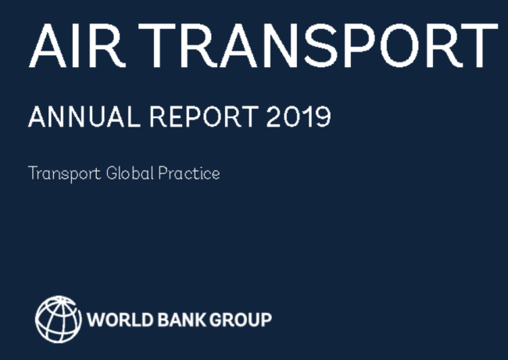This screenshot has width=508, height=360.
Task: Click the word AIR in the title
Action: [x=77, y=45]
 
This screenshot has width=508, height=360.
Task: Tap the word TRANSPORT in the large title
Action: [x=318, y=45]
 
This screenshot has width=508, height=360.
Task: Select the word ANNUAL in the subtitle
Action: [x=84, y=116]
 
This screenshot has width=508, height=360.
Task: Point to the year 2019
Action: [x=299, y=116]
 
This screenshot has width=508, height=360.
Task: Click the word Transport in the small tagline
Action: [x=65, y=174]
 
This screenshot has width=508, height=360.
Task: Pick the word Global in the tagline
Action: [x=130, y=173]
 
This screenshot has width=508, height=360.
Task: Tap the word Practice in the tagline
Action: [x=189, y=173]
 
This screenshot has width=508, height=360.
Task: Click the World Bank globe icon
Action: [x=59, y=319]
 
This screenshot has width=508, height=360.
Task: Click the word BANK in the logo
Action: [x=182, y=319]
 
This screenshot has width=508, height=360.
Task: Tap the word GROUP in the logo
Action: [x=241, y=319]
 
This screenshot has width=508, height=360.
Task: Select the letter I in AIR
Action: [x=75, y=45]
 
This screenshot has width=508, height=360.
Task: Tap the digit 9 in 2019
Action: [x=323, y=116]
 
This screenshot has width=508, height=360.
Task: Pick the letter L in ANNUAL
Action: [x=134, y=116]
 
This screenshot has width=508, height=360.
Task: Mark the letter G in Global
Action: [x=112, y=173]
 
